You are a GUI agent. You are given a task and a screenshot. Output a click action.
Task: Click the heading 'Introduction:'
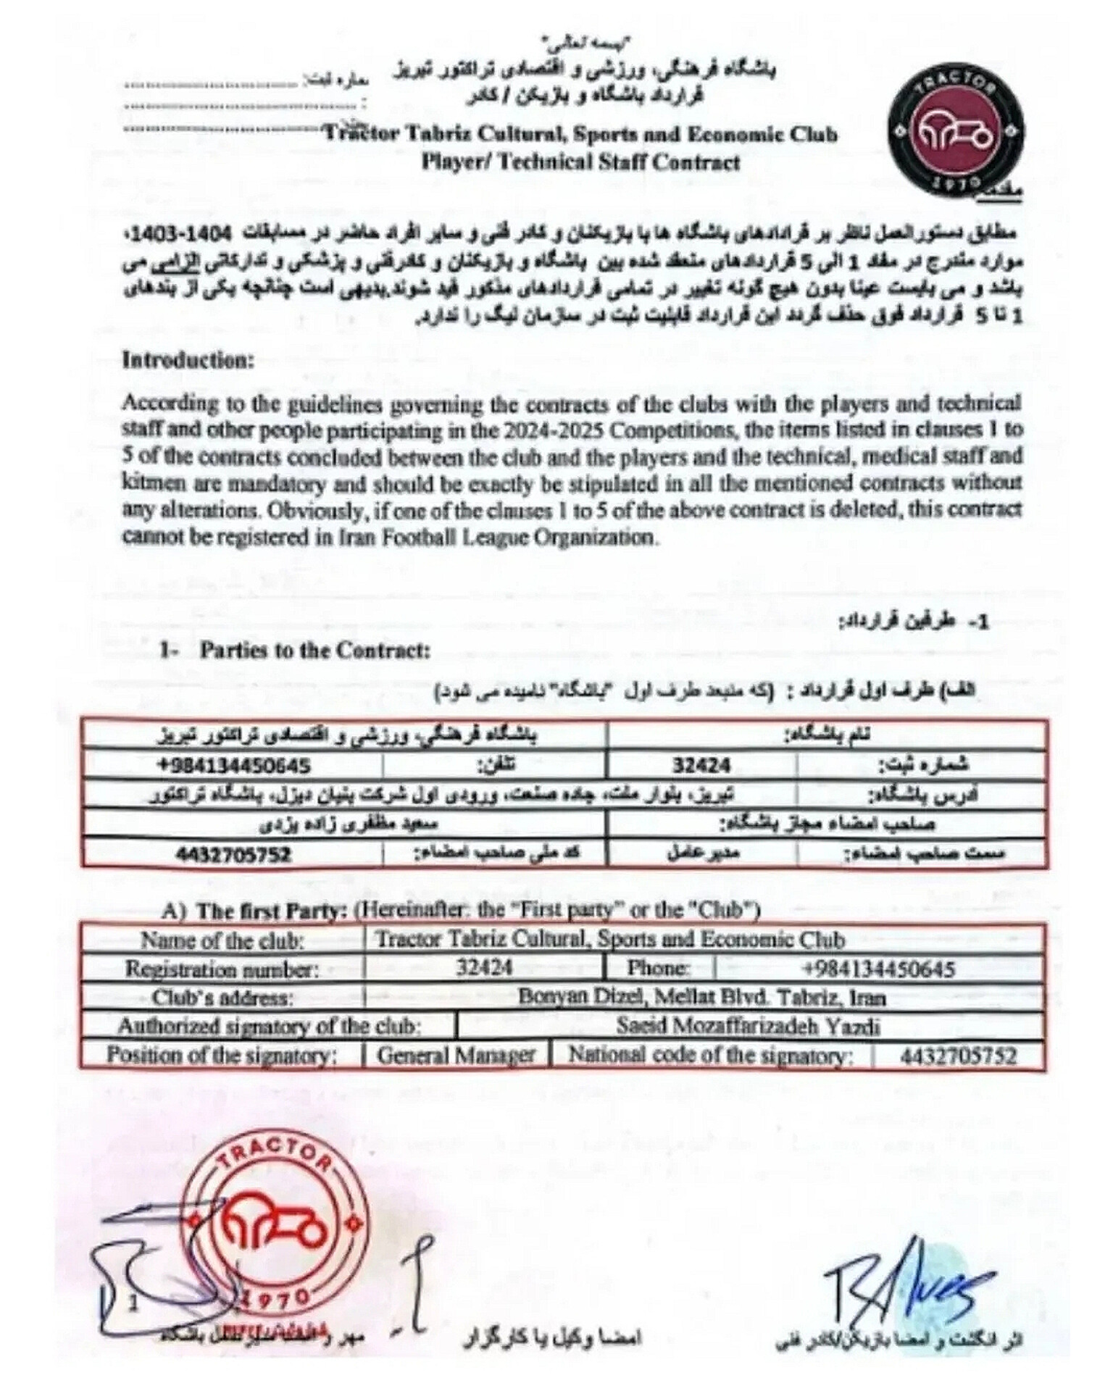(x=188, y=360)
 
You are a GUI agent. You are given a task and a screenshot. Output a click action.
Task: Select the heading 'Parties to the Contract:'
(x=315, y=650)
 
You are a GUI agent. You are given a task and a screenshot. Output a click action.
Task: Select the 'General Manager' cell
(x=456, y=1055)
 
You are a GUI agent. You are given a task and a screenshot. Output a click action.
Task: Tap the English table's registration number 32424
(x=484, y=967)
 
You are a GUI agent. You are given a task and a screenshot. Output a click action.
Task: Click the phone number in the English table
(x=878, y=969)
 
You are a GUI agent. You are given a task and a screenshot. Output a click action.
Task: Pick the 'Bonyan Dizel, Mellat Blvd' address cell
(x=701, y=998)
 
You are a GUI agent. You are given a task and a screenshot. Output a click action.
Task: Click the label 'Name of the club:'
(x=222, y=940)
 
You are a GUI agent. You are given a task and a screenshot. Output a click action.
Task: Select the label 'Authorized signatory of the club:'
(x=270, y=1027)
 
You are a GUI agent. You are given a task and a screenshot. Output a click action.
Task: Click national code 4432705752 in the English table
(x=959, y=1056)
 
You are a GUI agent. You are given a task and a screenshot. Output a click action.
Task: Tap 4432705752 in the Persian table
(x=233, y=854)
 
